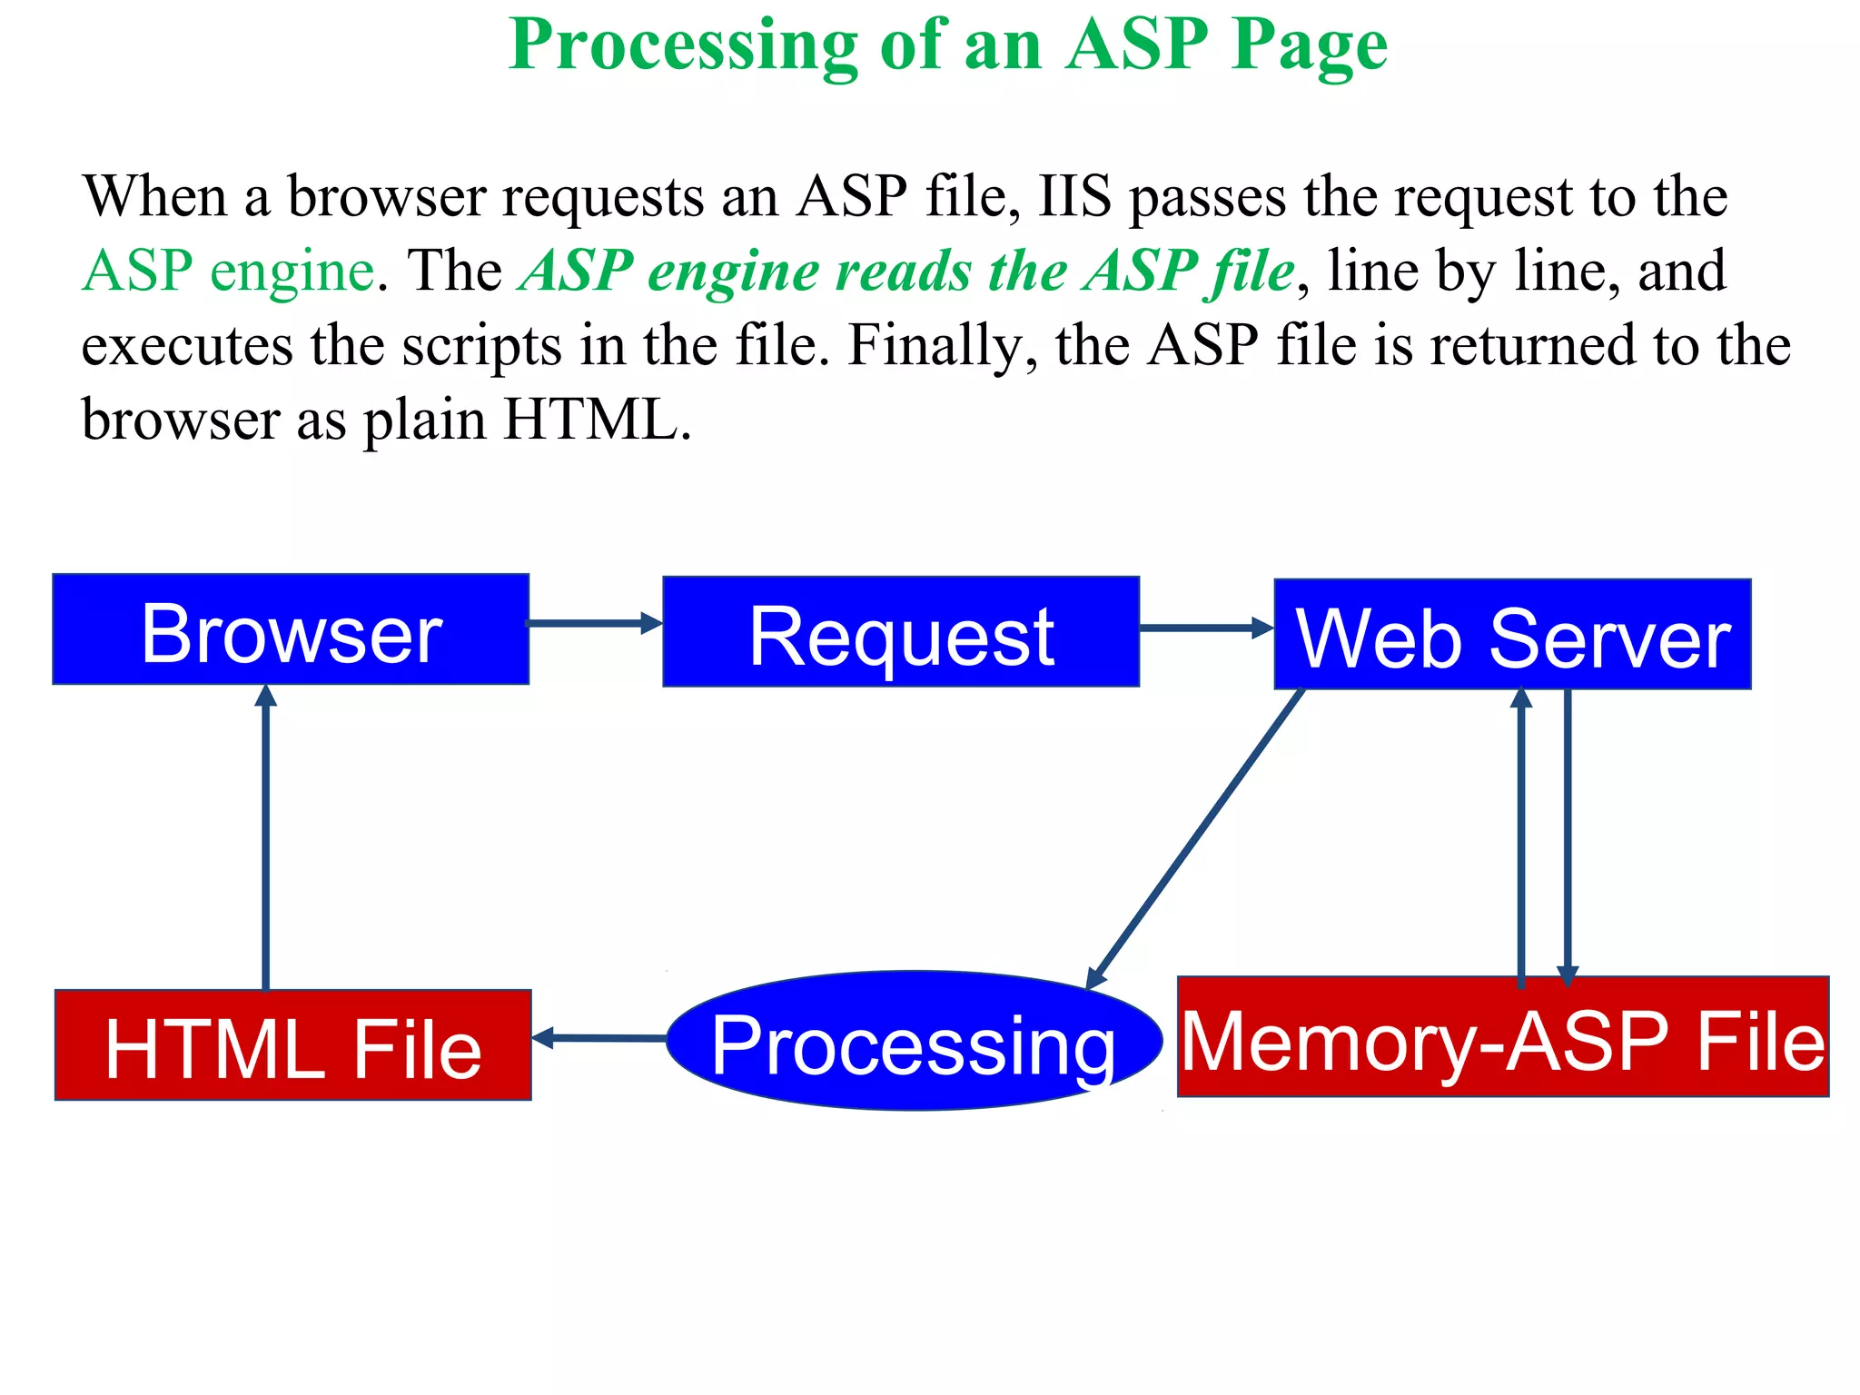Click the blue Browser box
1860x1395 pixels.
(x=291, y=629)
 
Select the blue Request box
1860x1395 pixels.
(x=901, y=632)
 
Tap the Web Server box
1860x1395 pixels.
(x=1512, y=635)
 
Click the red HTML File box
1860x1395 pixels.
(x=292, y=1045)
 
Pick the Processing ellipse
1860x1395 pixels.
(x=914, y=1041)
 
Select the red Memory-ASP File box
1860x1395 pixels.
(x=1503, y=1037)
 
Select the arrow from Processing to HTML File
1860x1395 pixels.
(x=599, y=1037)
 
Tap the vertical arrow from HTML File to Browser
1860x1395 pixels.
(x=265, y=836)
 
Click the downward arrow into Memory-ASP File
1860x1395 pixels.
(x=1568, y=836)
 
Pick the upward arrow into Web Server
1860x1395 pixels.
(x=1521, y=836)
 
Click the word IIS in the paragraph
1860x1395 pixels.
(x=1074, y=196)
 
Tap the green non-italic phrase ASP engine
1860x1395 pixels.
(x=228, y=271)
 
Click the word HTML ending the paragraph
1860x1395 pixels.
(x=590, y=420)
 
